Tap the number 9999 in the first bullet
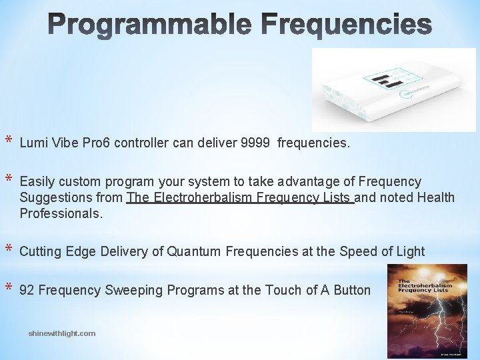(x=256, y=143)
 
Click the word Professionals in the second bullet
(x=61, y=213)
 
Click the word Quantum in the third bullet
(x=195, y=251)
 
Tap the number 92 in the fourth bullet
(x=27, y=290)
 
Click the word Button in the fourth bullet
(x=351, y=290)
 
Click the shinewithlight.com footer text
(x=62, y=333)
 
